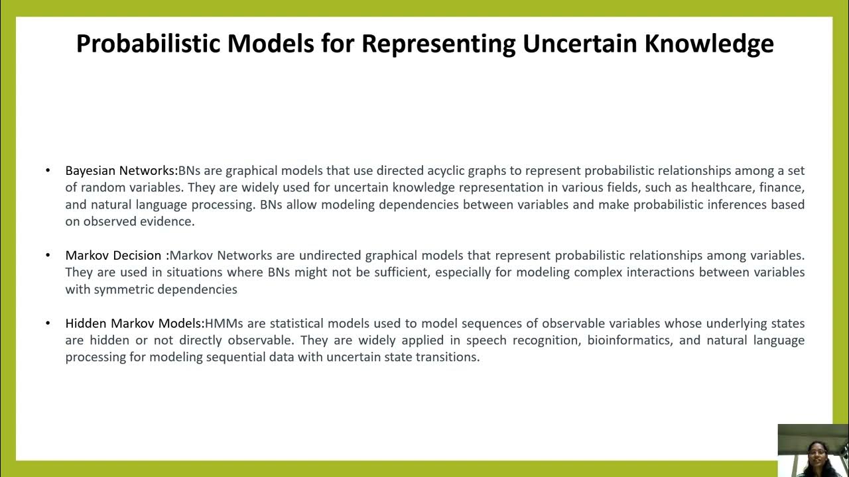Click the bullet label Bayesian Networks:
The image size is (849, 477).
pyautogui.click(x=121, y=171)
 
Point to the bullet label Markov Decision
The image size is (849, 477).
pyautogui.click(x=113, y=256)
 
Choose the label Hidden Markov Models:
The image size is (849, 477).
pyautogui.click(x=135, y=324)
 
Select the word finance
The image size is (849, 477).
pyautogui.click(x=783, y=188)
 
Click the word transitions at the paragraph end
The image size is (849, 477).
pyautogui.click(x=446, y=357)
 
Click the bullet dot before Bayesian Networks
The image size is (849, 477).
pyautogui.click(x=48, y=171)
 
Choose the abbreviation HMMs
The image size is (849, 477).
pyautogui.click(x=222, y=324)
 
